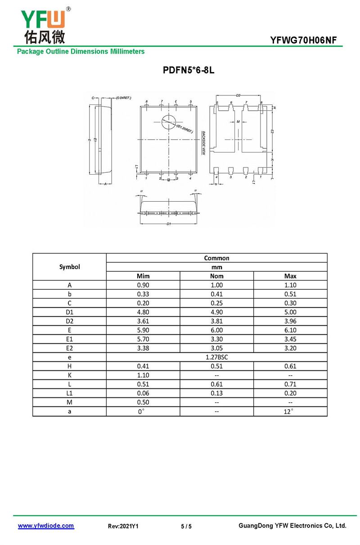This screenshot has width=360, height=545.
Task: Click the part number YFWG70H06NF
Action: tap(303, 41)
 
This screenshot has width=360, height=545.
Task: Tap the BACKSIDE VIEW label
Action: tap(203, 143)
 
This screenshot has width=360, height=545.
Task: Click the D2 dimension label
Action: tap(238, 95)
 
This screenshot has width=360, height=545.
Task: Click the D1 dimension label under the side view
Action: tap(168, 224)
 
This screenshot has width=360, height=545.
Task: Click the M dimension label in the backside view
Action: tap(238, 122)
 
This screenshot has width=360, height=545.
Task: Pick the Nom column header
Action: tap(216, 276)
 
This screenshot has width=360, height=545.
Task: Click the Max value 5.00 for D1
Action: tap(290, 312)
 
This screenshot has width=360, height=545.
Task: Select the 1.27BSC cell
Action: tap(216, 357)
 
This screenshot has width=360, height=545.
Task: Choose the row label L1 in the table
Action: tap(69, 393)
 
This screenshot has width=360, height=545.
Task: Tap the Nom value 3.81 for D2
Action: tap(216, 321)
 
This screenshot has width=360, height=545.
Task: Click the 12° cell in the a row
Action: tap(290, 411)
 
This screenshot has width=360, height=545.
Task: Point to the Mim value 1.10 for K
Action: tap(143, 375)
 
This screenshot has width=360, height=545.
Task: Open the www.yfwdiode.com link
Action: tap(46, 526)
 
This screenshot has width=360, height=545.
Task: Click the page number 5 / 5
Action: tap(186, 526)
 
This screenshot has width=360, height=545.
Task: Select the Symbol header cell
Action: tap(69, 267)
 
